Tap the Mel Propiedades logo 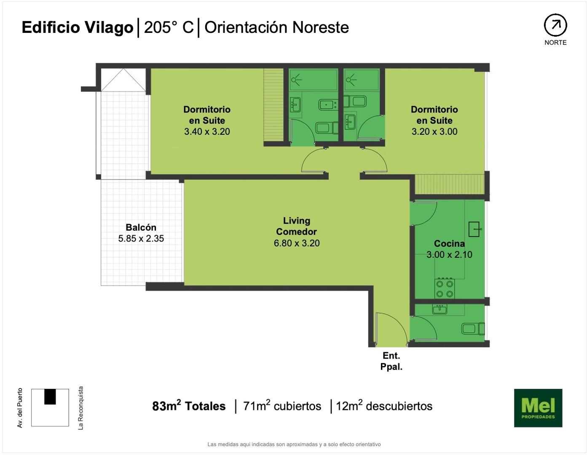coord(538,408)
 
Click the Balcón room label coord(141,227)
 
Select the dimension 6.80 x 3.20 coord(297,243)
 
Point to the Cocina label coord(449,244)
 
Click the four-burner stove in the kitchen coord(445,289)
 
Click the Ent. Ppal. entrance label coord(391,361)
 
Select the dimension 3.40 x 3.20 coord(207,131)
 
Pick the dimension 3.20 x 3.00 coord(434,131)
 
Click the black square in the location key coord(50,397)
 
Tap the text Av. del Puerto coord(20,408)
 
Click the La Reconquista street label coord(80,408)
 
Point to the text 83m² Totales coord(189,406)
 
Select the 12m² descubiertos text coord(384,406)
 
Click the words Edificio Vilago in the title coord(78,27)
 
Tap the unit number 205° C coord(169,27)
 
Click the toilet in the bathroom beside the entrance coord(473,329)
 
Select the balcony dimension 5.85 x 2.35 coord(141,238)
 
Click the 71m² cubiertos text coord(282,406)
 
